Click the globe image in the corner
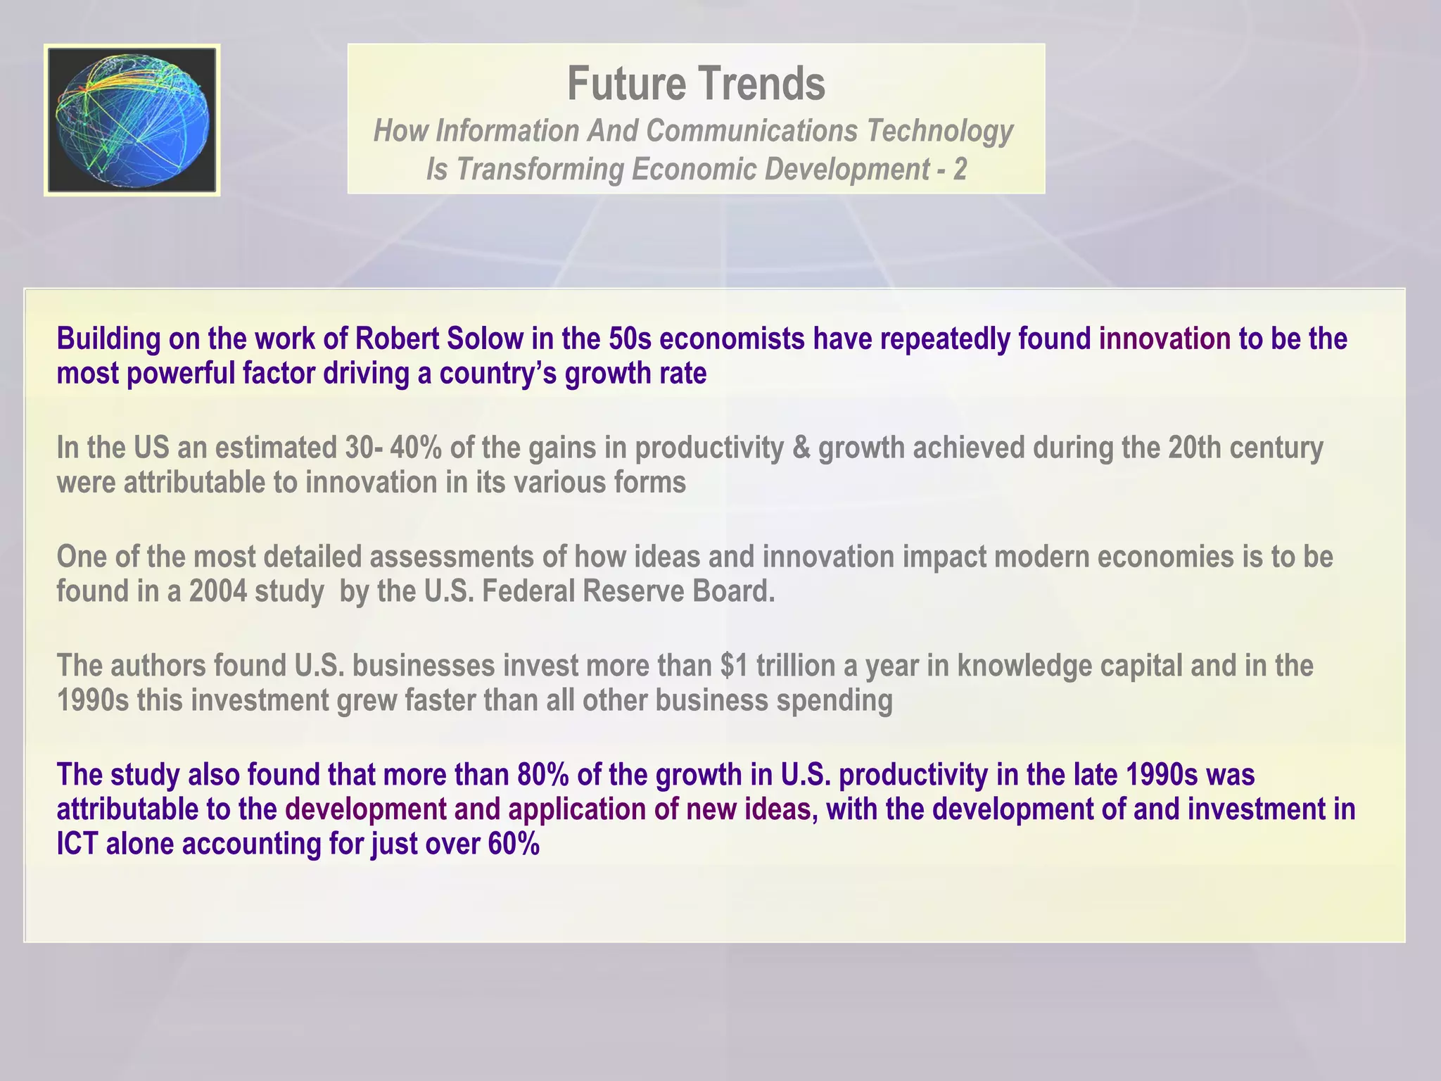click(132, 120)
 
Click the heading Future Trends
click(696, 84)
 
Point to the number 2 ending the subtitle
click(960, 170)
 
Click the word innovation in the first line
click(1164, 339)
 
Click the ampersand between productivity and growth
click(801, 448)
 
